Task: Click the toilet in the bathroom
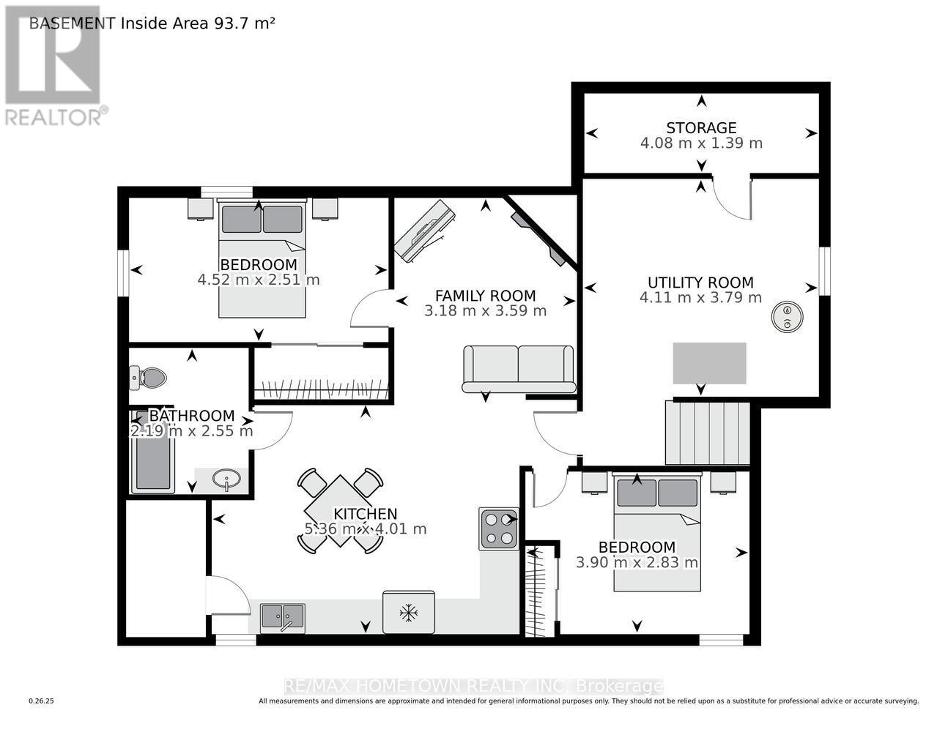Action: [149, 378]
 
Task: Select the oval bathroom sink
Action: [227, 481]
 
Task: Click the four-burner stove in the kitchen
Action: [499, 529]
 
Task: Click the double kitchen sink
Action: [283, 617]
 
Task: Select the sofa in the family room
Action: [519, 368]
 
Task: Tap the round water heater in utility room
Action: [788, 316]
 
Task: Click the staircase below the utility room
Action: [708, 433]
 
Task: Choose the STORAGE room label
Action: [701, 128]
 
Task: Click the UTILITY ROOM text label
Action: [700, 283]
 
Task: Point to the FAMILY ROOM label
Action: [485, 296]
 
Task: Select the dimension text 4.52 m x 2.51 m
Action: [259, 280]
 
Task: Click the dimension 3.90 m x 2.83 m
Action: [637, 563]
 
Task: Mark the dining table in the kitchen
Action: [340, 511]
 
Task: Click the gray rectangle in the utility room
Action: [710, 363]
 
